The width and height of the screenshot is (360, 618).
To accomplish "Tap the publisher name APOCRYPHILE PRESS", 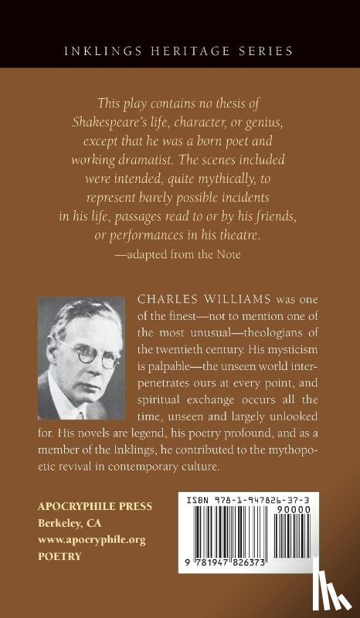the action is coord(95,506).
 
